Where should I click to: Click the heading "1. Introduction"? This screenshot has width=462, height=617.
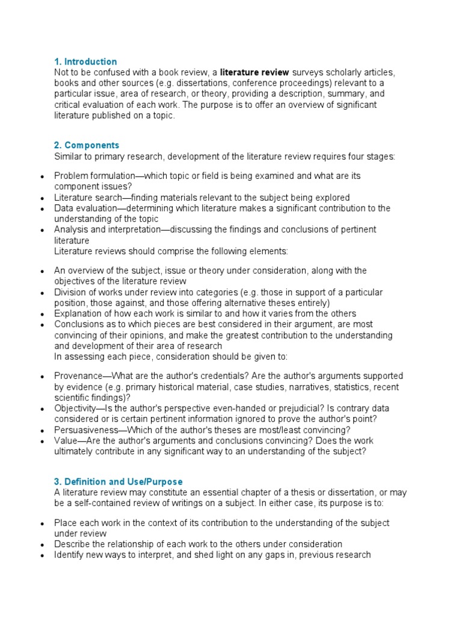pyautogui.click(x=85, y=61)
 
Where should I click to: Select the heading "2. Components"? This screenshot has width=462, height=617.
pyautogui.click(x=87, y=145)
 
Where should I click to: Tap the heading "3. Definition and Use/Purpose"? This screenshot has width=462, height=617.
pyautogui.click(x=118, y=481)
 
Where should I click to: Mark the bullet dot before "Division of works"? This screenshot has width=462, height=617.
pyautogui.click(x=42, y=293)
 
